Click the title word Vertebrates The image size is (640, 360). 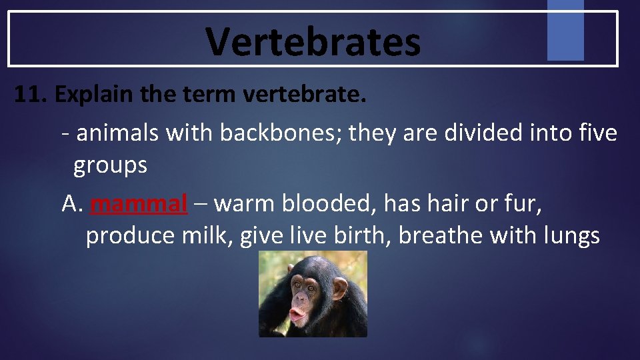pos(313,41)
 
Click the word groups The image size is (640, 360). pos(110,165)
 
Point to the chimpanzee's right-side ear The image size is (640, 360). pos(341,289)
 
